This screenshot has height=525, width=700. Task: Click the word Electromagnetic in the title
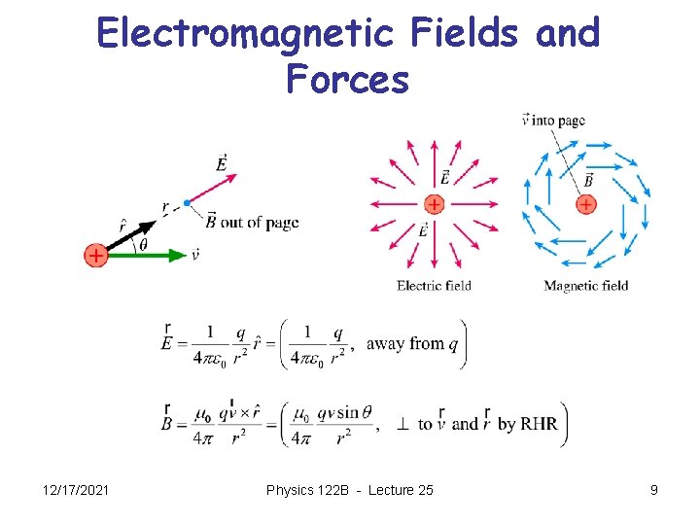[246, 34]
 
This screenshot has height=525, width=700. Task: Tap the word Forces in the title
[348, 80]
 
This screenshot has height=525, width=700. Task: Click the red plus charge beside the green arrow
[95, 255]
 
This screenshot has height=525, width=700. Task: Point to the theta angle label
[143, 244]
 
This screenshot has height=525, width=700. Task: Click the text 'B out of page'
[252, 222]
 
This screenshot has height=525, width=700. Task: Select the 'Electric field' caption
[434, 286]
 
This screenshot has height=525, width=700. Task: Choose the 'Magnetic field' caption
[585, 286]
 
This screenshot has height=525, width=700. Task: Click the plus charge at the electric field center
[434, 204]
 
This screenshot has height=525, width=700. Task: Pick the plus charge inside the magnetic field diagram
[585, 204]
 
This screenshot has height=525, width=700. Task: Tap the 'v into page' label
[553, 121]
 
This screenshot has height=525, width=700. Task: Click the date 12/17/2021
[74, 490]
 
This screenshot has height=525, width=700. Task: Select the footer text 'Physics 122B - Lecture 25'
[349, 490]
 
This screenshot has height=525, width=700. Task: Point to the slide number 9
[654, 490]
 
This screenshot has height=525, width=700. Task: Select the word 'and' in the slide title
[568, 34]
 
